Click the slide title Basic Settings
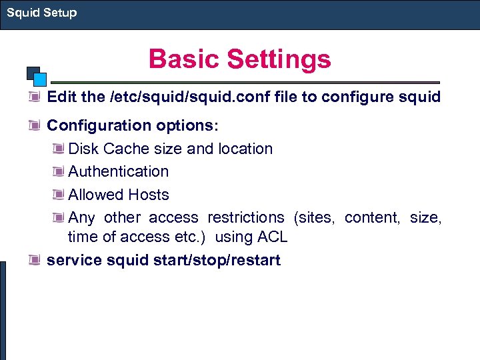239,59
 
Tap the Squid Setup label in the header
41,13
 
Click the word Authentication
119,171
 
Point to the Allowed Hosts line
119,195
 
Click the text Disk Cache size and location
171,149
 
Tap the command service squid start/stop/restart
163,260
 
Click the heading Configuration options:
133,125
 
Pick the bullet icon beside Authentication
58,172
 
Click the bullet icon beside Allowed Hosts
58,195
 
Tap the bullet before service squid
35,261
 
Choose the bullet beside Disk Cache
58,149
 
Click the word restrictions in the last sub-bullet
245,217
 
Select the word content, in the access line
371,217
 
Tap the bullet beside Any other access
58,218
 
